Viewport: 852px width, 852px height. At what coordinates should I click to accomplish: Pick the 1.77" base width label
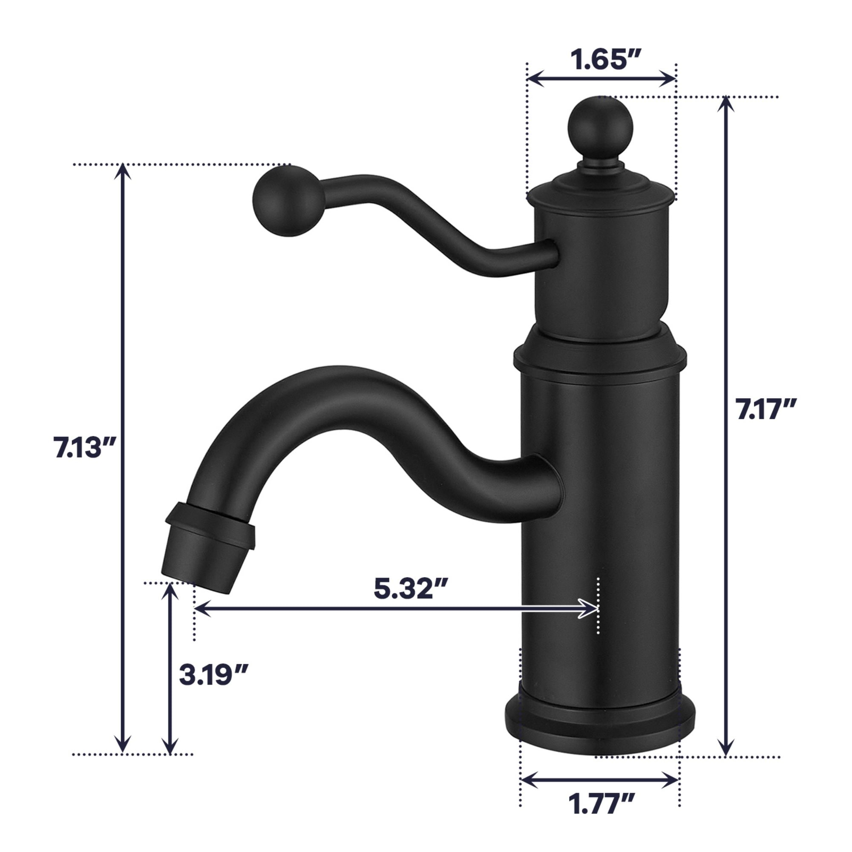(x=602, y=804)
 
